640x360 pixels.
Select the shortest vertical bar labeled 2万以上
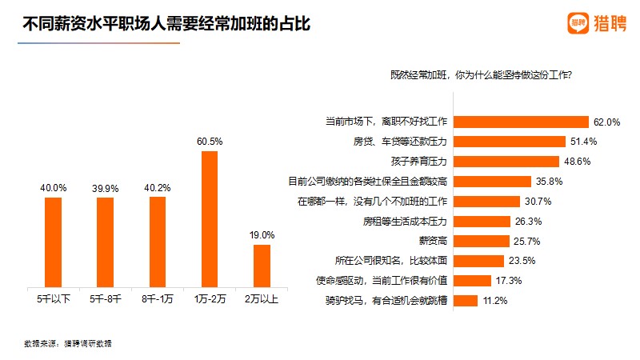[x=262, y=265]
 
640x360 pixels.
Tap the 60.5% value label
[x=210, y=142]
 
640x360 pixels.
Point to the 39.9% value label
[x=105, y=189]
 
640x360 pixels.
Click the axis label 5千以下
[x=53, y=299]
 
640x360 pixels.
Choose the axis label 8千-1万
[x=158, y=299]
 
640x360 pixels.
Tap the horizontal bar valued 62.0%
[x=521, y=122]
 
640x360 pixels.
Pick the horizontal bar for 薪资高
[x=482, y=241]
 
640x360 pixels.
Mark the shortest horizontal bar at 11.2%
[x=466, y=301]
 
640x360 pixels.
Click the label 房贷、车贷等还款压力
[x=400, y=142]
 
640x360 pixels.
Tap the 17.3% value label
[x=509, y=281]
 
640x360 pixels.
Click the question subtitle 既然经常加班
[x=486, y=75]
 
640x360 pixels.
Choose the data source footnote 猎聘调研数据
[x=68, y=343]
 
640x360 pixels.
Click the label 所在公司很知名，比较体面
[x=391, y=261]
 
